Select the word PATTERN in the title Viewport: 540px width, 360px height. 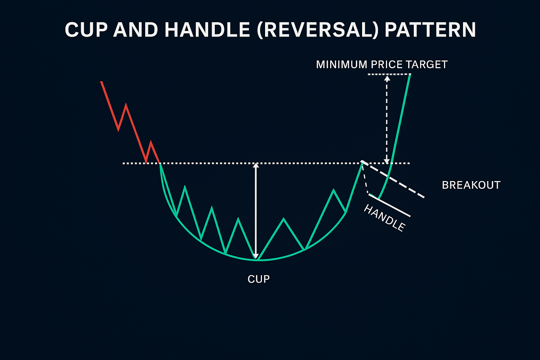430,30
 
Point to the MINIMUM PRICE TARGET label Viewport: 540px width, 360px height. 382,65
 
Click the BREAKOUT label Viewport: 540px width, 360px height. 471,185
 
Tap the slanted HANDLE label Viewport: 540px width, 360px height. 384,218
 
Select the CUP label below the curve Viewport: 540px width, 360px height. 259,279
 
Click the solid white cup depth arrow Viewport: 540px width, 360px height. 256,211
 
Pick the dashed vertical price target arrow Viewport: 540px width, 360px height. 387,120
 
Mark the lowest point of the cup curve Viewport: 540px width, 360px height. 258,260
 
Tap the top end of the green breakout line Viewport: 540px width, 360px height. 410,75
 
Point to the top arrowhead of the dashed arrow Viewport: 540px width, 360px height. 387,78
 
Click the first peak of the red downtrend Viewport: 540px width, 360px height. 126,104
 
